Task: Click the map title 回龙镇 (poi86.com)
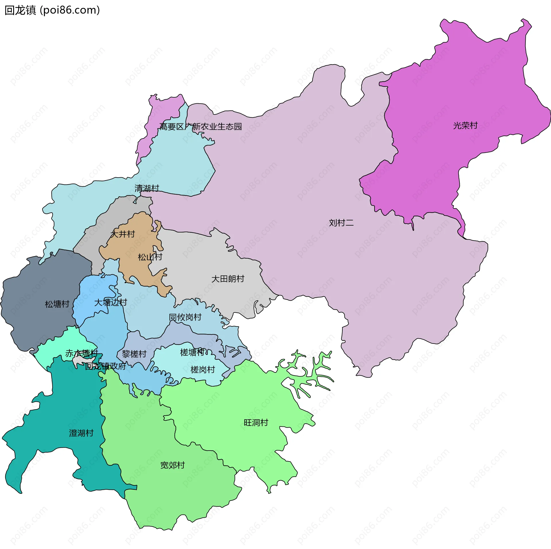pos(52,10)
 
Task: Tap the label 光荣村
pos(465,126)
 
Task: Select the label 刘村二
pos(341,223)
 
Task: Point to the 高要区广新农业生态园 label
pos(201,127)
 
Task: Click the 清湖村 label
pos(147,188)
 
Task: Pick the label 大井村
pos(123,234)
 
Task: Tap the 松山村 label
pos(150,257)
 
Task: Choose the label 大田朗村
pos(228,279)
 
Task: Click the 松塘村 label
pos(57,304)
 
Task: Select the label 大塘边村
pos(111,302)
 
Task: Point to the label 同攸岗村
pos(185,317)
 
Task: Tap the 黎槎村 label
pos(134,354)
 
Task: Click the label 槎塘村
pos(192,352)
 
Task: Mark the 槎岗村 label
pos(203,370)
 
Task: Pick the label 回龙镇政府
pos(106,366)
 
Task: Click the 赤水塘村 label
pos(82,353)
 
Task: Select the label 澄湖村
pos(82,433)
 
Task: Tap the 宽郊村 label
pos(172,465)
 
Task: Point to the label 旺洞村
pos(256,423)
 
